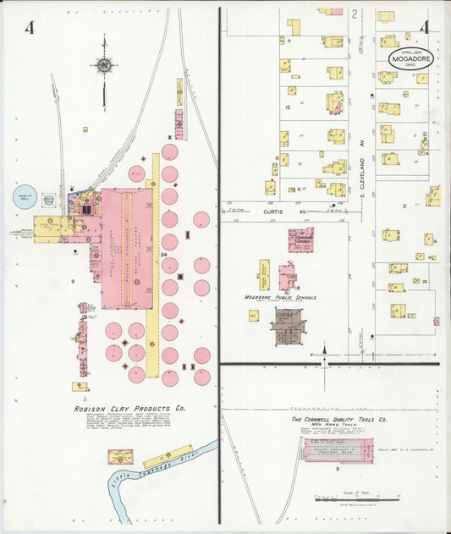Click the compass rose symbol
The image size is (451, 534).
(104, 64)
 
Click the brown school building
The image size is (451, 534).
(287, 326)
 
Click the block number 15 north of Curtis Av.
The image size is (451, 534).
(288, 107)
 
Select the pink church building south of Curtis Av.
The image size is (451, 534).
(300, 239)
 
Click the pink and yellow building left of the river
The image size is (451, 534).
(119, 457)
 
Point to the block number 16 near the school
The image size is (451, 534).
(297, 288)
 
